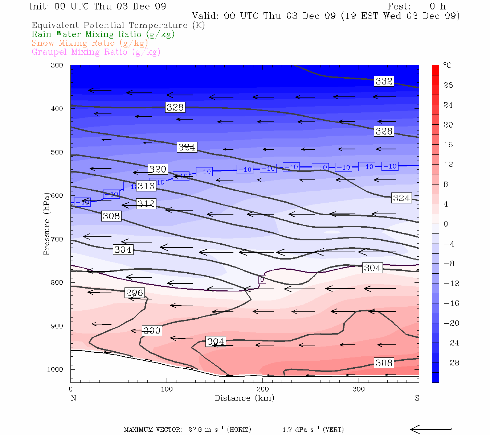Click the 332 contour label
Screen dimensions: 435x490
point(384,81)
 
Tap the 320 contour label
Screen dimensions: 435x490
point(158,169)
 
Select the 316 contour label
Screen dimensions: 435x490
point(146,186)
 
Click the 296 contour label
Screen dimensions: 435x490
point(134,293)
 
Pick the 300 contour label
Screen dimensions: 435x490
point(152,331)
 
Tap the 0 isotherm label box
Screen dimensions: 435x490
point(262,279)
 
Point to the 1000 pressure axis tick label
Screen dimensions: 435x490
point(55,370)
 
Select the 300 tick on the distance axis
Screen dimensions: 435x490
point(359,389)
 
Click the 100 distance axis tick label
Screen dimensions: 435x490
point(167,389)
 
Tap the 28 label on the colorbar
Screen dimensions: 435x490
point(448,85)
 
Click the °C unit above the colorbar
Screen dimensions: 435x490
point(447,65)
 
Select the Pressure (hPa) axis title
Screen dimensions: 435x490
point(46,224)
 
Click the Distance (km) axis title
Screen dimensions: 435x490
point(244,398)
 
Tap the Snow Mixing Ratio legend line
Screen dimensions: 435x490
point(90,43)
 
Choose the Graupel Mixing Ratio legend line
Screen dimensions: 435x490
point(96,52)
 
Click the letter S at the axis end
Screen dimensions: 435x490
point(417,398)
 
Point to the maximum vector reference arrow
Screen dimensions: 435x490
point(430,430)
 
